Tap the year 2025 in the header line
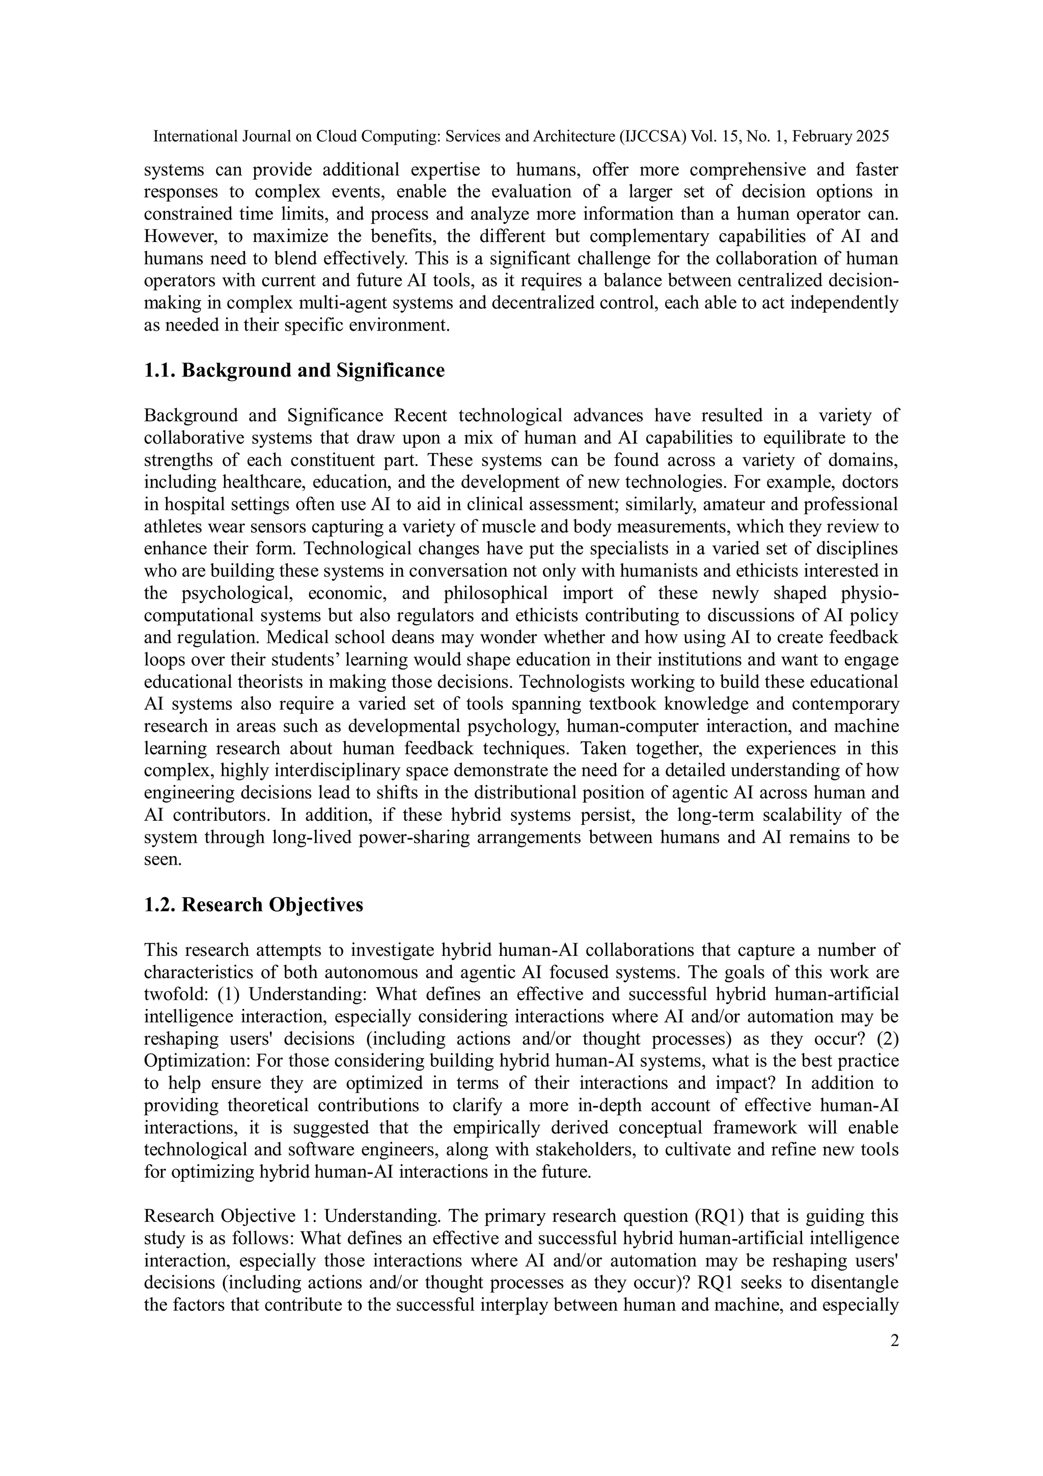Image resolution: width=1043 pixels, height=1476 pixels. click(872, 136)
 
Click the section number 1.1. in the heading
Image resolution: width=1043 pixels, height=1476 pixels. click(160, 371)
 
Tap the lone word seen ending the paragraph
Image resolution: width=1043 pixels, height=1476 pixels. click(162, 860)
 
